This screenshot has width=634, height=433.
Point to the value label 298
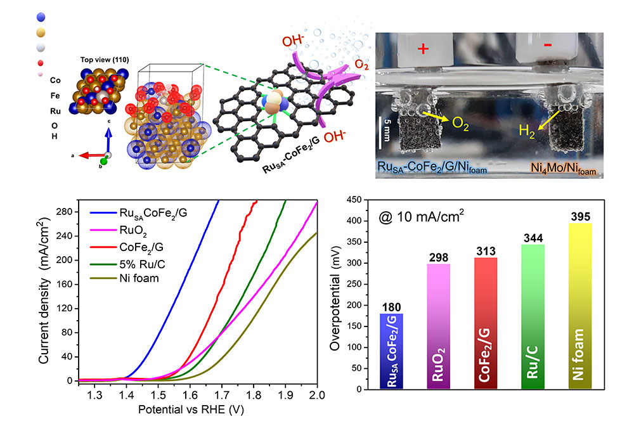[439, 258]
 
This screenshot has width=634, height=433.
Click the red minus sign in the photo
[547, 49]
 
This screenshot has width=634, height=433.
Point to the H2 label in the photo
[526, 131]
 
